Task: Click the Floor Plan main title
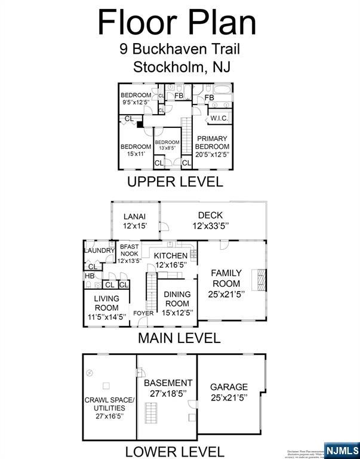(177, 22)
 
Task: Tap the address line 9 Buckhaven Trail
(179, 49)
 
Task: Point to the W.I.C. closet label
(219, 118)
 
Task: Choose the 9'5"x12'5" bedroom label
(136, 99)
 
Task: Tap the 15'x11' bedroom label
(136, 150)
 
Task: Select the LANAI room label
(135, 221)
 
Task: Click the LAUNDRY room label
(99, 250)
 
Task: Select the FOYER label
(143, 313)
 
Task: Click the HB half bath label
(90, 276)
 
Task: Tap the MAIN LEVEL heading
(179, 338)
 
